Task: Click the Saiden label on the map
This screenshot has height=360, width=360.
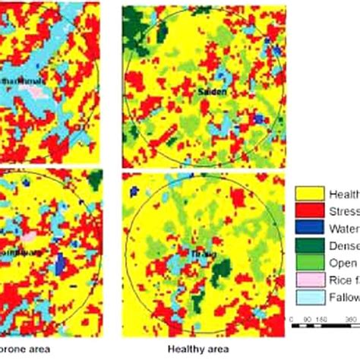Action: point(212,91)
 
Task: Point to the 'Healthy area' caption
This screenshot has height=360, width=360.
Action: point(201,348)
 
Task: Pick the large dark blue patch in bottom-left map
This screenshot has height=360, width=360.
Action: point(60,263)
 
